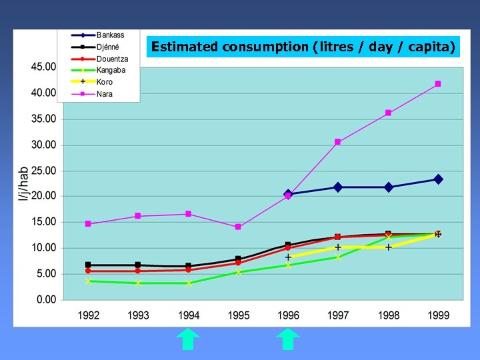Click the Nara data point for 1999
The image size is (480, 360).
pyautogui.click(x=438, y=84)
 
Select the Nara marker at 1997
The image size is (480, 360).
pyautogui.click(x=338, y=142)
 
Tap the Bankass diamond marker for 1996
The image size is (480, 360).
pyautogui.click(x=288, y=194)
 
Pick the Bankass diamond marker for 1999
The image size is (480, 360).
pyautogui.click(x=438, y=179)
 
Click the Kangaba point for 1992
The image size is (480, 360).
pyautogui.click(x=88, y=281)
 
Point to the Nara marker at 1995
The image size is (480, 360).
pyautogui.click(x=238, y=227)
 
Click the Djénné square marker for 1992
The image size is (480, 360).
pyautogui.click(x=88, y=265)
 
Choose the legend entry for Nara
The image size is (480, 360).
pyautogui.click(x=105, y=94)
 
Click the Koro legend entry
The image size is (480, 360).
pyautogui.click(x=105, y=82)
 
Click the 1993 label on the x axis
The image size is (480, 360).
pyautogui.click(x=138, y=315)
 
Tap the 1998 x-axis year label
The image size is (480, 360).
pyautogui.click(x=388, y=315)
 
